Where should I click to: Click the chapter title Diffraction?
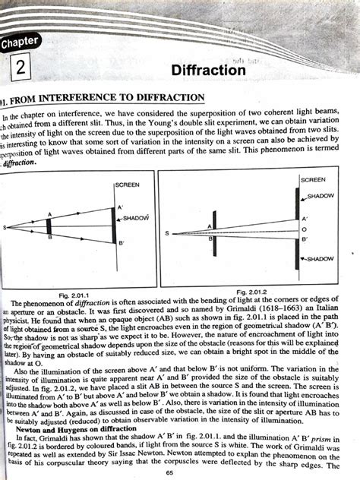coord(208,70)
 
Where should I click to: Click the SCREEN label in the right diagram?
coord(312,180)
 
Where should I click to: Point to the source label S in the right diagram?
coord(166,232)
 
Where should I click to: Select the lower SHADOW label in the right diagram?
coord(320,259)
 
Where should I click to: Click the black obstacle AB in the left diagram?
coord(49,226)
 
